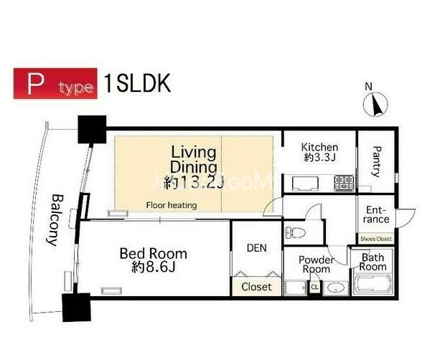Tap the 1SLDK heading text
137,83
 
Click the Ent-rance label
375,214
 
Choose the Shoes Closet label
376,239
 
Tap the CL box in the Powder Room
314,288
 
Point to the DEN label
255,247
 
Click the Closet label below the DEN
256,287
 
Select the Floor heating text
172,206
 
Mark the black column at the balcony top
91,130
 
